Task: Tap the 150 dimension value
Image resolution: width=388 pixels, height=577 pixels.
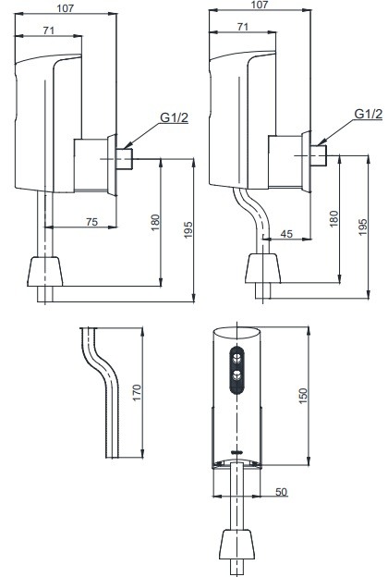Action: (x=302, y=393)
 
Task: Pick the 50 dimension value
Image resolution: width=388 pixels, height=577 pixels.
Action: (x=281, y=491)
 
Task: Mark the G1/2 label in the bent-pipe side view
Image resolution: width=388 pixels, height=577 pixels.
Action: (x=369, y=114)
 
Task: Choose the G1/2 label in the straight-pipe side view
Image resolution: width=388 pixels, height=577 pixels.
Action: (x=174, y=117)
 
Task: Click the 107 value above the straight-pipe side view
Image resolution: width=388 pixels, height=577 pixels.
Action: (x=65, y=6)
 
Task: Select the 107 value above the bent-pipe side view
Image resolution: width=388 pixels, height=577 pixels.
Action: (x=260, y=6)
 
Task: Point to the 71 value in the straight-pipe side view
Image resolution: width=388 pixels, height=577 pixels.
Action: (x=50, y=31)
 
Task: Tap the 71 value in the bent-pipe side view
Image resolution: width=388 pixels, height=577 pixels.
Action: (x=242, y=29)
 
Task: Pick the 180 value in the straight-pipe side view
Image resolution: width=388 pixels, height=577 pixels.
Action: (x=156, y=223)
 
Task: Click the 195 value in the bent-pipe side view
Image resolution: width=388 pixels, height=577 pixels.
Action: (x=362, y=228)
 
